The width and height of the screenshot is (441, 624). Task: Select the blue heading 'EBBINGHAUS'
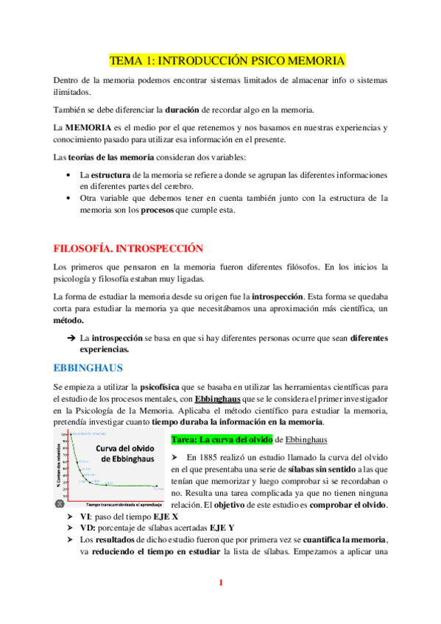(88, 366)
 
